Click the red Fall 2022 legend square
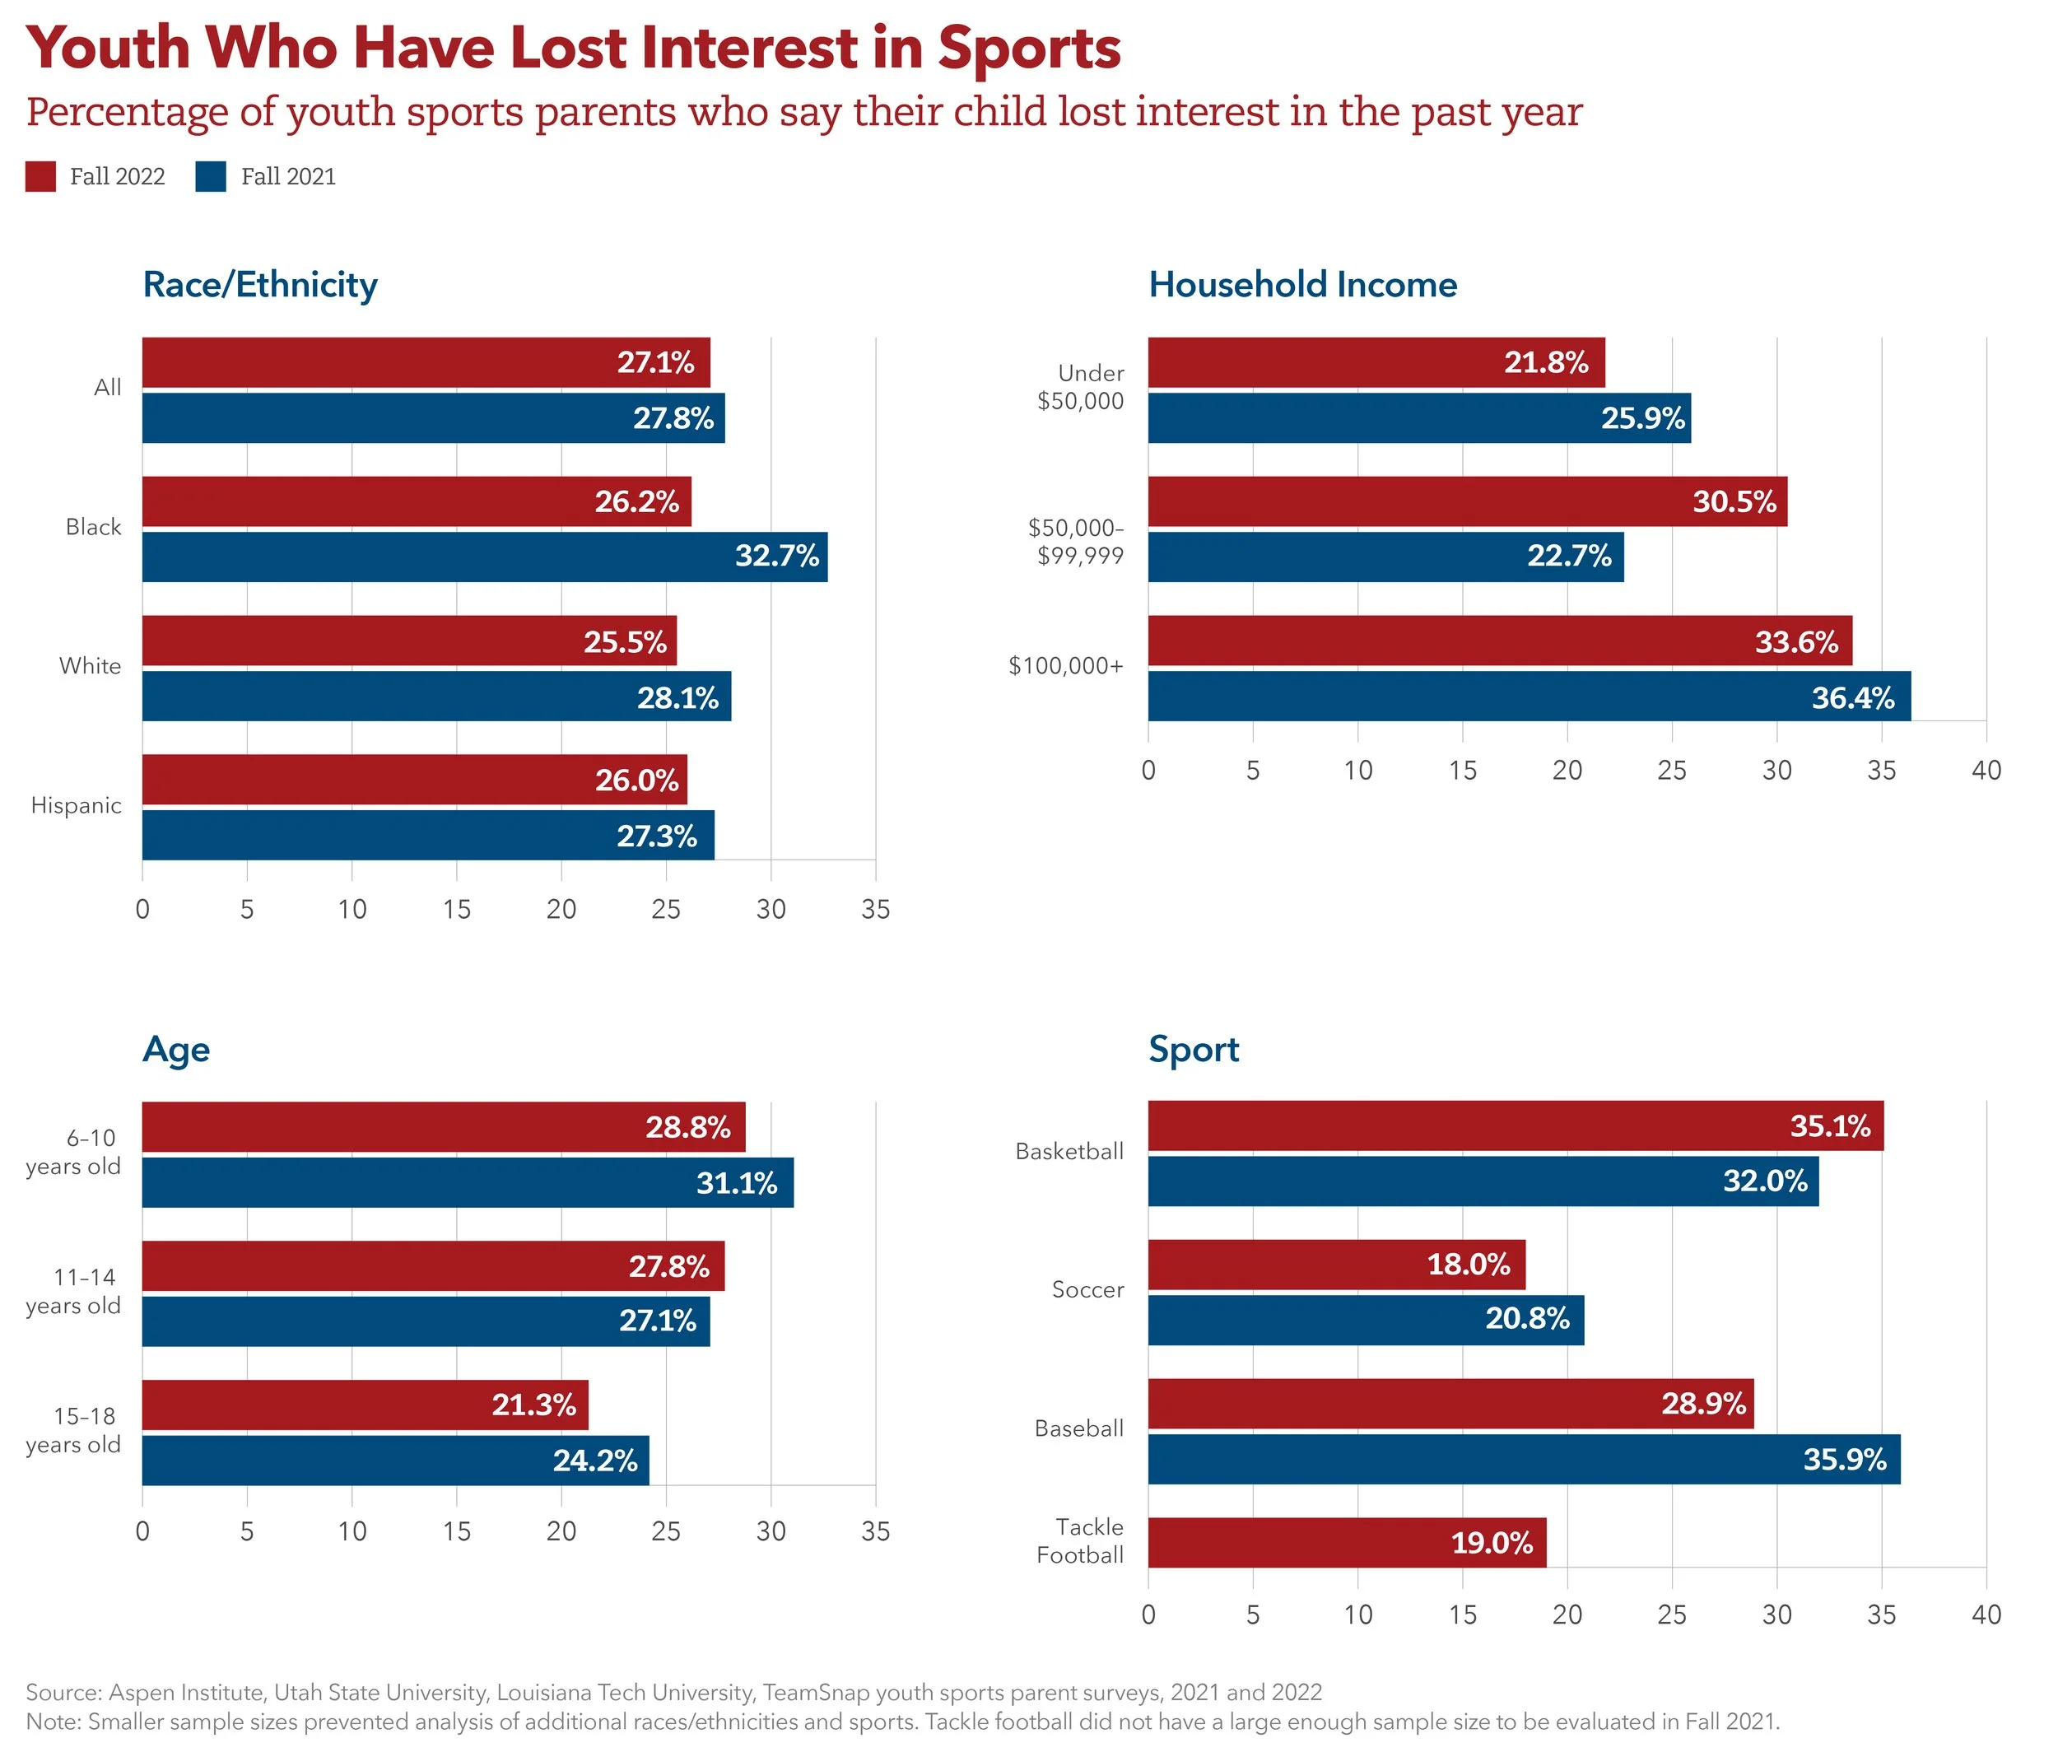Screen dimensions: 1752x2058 [40, 177]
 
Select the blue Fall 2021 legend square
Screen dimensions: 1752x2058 [212, 177]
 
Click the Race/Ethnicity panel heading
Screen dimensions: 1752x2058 [260, 285]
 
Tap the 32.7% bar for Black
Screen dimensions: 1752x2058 [484, 557]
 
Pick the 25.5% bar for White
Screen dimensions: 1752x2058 [408, 641]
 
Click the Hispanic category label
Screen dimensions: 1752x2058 [77, 805]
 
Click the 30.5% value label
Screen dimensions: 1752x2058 [1734, 501]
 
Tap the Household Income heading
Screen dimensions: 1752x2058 [1302, 285]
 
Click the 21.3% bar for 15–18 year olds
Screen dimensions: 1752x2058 [365, 1405]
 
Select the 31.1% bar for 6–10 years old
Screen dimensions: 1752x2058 [467, 1183]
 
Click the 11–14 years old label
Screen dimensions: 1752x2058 [73, 1291]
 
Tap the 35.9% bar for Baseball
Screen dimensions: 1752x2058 [1524, 1459]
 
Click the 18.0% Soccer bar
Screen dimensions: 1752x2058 [1336, 1265]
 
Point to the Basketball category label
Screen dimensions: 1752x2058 [1069, 1152]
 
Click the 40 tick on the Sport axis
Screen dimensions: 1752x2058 [1986, 1615]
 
